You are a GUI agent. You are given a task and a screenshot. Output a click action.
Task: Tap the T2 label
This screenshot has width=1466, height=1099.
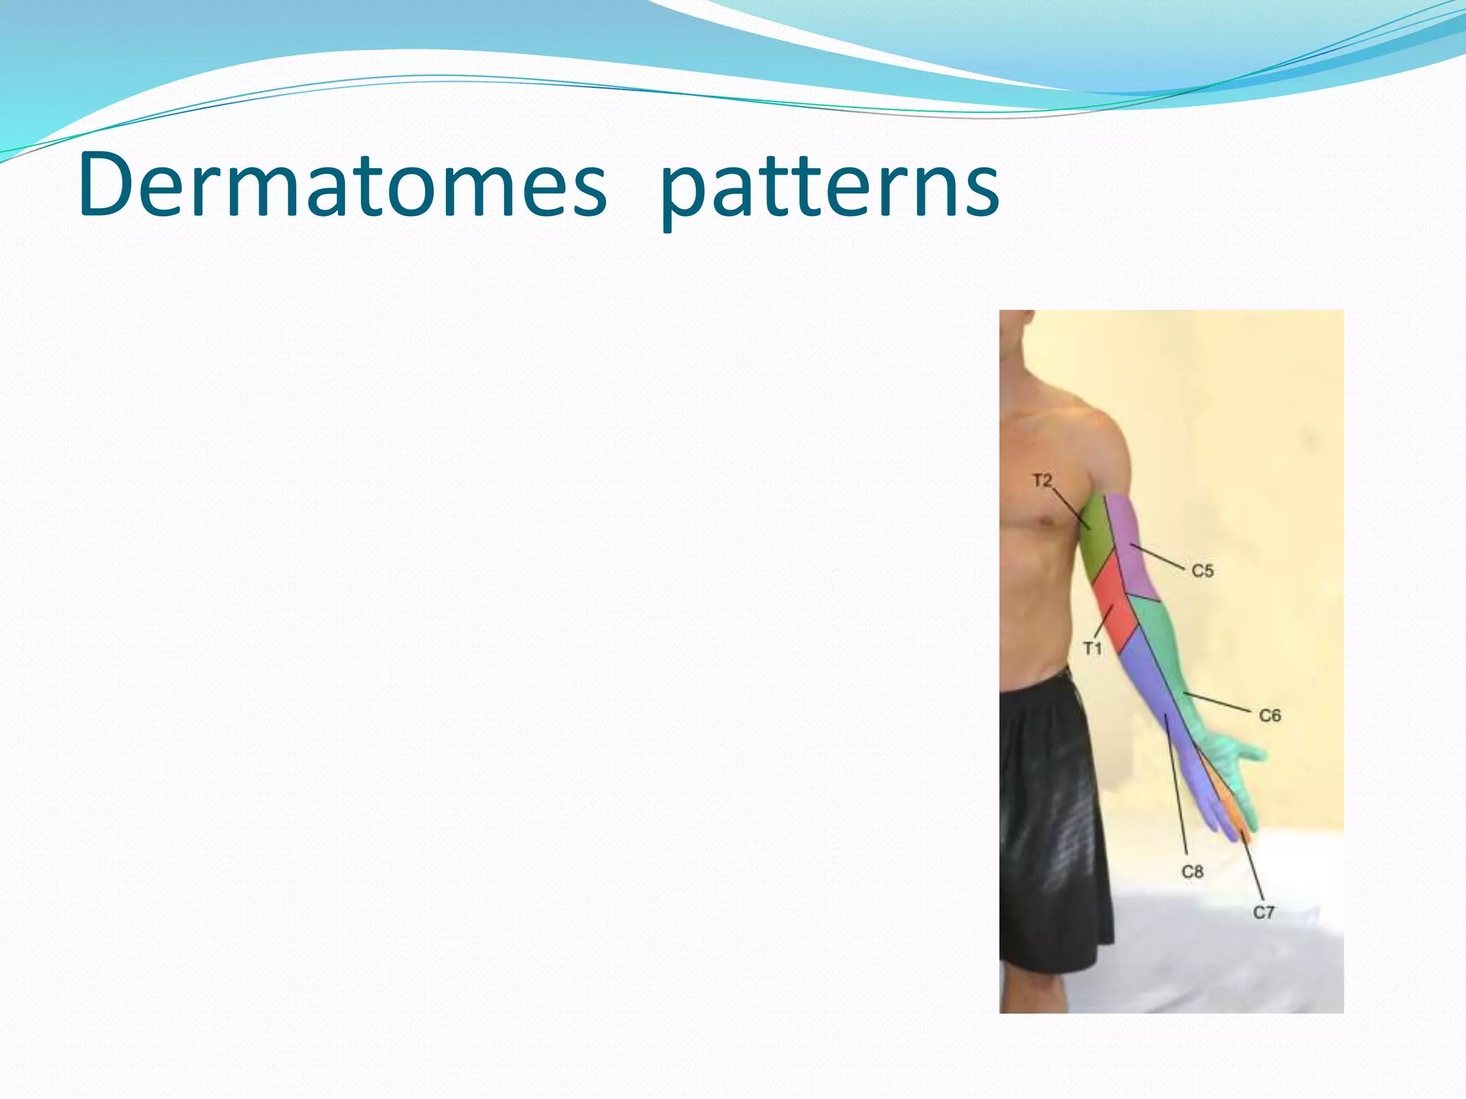(1042, 481)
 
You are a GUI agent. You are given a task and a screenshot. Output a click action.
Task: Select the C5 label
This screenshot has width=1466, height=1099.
(1203, 571)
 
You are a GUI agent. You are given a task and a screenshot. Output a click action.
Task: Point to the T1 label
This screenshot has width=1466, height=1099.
(1092, 649)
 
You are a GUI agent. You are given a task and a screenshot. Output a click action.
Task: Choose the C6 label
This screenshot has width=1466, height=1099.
(1269, 715)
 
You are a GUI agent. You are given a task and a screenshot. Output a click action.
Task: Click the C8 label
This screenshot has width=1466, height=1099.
(1192, 872)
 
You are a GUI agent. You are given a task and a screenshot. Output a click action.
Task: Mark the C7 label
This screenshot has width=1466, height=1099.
(1263, 912)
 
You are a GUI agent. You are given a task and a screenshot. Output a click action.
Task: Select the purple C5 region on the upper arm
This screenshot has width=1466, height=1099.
(1138, 558)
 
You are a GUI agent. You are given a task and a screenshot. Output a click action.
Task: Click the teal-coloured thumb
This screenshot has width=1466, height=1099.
(1249, 753)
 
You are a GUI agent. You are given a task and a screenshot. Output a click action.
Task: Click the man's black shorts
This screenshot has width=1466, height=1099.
(1052, 823)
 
